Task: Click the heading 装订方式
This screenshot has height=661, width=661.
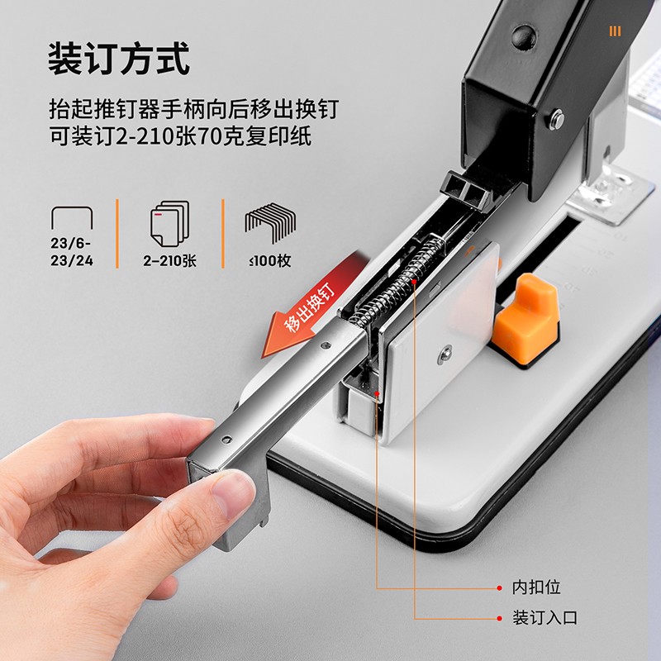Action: coord(119,59)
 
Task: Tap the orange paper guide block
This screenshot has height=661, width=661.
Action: coord(526,316)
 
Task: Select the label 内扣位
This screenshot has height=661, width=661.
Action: coord(536,587)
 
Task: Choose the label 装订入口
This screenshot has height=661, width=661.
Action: coord(544,618)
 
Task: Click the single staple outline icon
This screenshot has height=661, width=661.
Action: coord(72,217)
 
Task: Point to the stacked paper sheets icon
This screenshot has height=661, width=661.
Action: coord(169,223)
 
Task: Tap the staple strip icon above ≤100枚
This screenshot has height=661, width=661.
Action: coord(270,222)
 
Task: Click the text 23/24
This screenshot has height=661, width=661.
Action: coord(72,260)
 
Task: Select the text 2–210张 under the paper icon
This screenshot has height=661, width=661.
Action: coord(169,261)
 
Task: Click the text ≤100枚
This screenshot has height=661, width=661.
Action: coord(270,261)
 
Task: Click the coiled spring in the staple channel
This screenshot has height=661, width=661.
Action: coord(397,283)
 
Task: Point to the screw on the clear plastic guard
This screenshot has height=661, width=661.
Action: coord(445,354)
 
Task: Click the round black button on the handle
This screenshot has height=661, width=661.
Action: coord(524,37)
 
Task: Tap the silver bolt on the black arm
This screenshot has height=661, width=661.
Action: coord(557,119)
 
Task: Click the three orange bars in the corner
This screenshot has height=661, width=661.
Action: coord(615,31)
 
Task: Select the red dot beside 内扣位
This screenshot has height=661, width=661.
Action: coord(500,587)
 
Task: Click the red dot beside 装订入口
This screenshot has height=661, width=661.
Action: coord(500,618)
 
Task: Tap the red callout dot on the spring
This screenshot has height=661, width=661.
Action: coord(415,281)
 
